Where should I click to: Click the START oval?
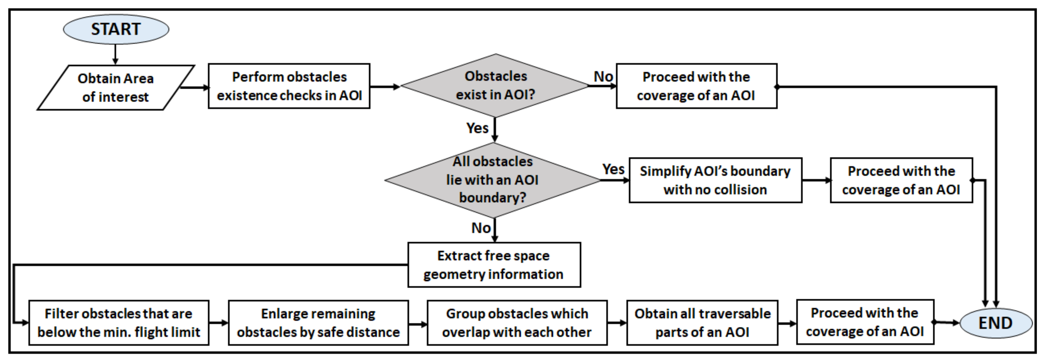pyautogui.click(x=116, y=29)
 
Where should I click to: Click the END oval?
pyautogui.click(x=995, y=323)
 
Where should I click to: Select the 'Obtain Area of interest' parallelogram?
pyautogui.click(x=115, y=88)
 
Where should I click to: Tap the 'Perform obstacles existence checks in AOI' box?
pyautogui.click(x=289, y=86)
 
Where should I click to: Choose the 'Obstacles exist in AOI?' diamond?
pyautogui.click(x=495, y=86)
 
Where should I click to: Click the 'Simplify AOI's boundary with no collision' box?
pyautogui.click(x=715, y=180)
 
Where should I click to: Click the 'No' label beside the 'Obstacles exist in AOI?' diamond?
pyautogui.click(x=603, y=76)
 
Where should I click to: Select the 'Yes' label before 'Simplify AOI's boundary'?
pyautogui.click(x=613, y=169)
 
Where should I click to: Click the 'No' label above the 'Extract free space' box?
pyautogui.click(x=481, y=228)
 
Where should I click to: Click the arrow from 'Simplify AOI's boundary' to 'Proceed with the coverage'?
pyautogui.click(x=816, y=180)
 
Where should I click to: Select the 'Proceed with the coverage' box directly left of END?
pyautogui.click(x=865, y=323)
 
